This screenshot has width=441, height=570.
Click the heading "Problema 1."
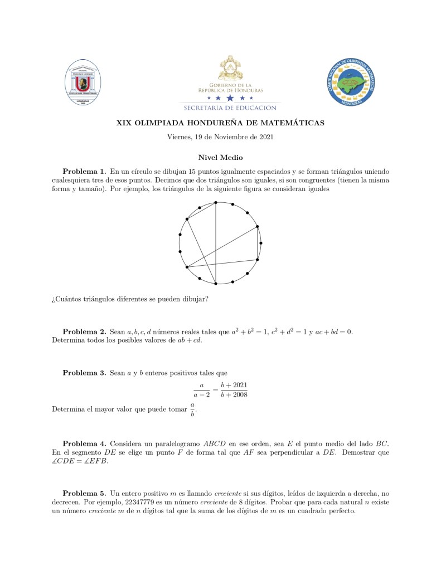pyautogui.click(x=84, y=171)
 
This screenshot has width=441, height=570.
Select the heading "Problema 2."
pyautogui.click(x=84, y=332)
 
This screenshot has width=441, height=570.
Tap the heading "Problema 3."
pyautogui.click(x=84, y=372)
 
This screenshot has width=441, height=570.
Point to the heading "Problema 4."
pyautogui.click(x=84, y=443)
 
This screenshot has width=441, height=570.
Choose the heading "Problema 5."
pyautogui.click(x=84, y=493)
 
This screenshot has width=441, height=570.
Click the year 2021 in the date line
pyautogui.click(x=264, y=137)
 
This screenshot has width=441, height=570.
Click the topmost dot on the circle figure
pyautogui.click(x=216, y=203)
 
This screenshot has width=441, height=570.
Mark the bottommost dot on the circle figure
pyautogui.click(x=216, y=284)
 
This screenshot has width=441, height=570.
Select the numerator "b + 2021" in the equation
pyautogui.click(x=234, y=385)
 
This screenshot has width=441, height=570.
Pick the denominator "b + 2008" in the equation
pyautogui.click(x=234, y=394)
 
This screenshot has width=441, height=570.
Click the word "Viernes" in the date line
pyautogui.click(x=179, y=137)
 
